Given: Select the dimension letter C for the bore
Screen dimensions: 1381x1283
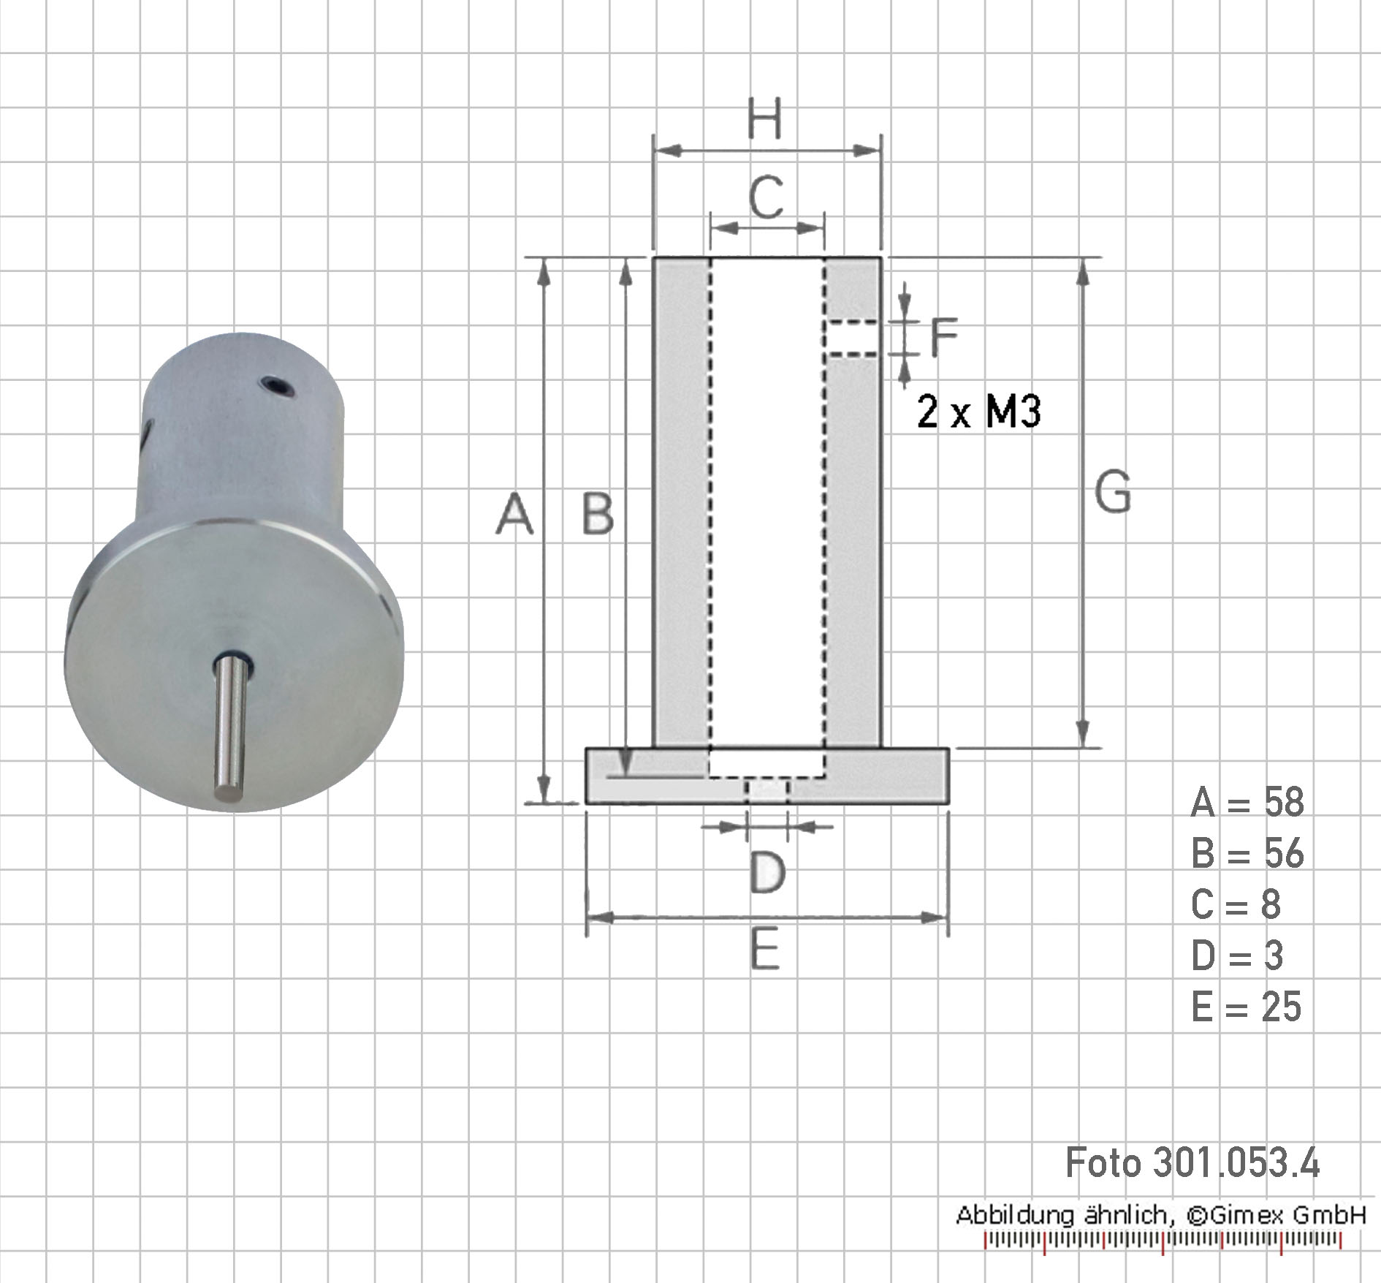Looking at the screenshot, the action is (766, 197).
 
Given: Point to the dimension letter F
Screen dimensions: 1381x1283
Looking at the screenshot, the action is (944, 336).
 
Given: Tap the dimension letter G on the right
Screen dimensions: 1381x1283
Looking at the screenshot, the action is (1113, 492).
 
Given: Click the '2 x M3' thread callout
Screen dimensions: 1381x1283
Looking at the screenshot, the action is (979, 412).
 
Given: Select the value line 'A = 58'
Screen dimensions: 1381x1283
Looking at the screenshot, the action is (1247, 802).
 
